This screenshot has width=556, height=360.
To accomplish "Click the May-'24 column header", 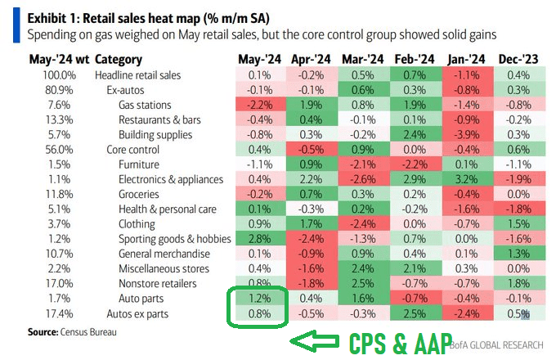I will coord(261,60).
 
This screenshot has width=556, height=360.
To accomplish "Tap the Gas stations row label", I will coord(145,105).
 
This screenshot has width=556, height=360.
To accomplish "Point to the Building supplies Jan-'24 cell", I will coord(466,134).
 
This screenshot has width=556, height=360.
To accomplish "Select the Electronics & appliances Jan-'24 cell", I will coord(466,179).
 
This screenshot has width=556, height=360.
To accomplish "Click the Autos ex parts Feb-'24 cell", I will coord(415,313).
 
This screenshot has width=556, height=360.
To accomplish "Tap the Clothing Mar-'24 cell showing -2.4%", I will coord(363,223).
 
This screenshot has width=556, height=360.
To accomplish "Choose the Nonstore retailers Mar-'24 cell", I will coord(363,283).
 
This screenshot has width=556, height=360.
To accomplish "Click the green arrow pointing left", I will coord(316,341).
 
